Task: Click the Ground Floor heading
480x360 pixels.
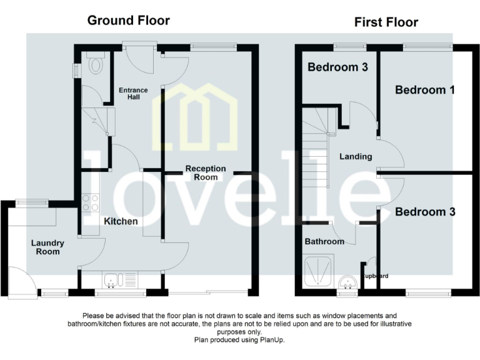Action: [x=128, y=20]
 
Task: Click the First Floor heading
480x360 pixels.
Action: [x=386, y=22]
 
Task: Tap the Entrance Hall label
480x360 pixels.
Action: [x=133, y=94]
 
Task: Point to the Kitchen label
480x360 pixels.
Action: [x=121, y=221]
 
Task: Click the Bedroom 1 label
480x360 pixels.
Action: [x=424, y=89]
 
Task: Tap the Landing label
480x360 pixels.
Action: [x=356, y=156]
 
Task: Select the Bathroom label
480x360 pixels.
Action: [x=324, y=241]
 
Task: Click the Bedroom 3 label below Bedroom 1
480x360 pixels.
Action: [x=424, y=212]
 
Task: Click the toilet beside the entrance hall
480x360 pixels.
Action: [x=96, y=65]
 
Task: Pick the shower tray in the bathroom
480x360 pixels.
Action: [x=319, y=271]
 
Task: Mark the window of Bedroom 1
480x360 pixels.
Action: [x=427, y=46]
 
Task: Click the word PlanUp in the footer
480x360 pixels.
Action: [x=272, y=341]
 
